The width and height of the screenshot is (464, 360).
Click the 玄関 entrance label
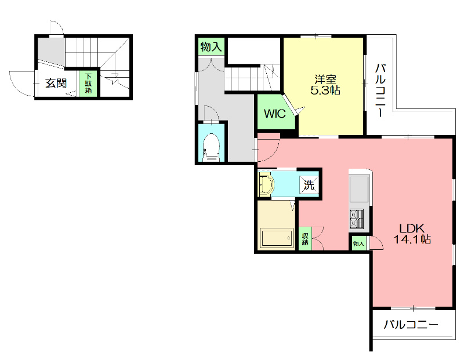(56, 83)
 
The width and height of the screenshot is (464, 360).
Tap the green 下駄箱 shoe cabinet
(89, 83)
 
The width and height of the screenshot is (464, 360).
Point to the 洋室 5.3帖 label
(325, 85)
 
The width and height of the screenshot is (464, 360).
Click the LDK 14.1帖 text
(412, 234)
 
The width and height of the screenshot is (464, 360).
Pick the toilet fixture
(212, 147)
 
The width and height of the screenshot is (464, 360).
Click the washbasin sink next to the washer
(266, 184)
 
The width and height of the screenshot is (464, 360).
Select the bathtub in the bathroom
(277, 238)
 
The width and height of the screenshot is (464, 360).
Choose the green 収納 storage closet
(305, 238)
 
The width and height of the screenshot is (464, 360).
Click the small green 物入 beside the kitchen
(358, 243)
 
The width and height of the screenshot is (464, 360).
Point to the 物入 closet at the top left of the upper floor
(211, 47)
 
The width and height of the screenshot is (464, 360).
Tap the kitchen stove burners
(356, 219)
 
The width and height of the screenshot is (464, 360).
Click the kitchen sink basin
(359, 189)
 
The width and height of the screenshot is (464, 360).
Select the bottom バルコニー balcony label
(411, 325)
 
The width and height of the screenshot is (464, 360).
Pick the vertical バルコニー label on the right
(380, 90)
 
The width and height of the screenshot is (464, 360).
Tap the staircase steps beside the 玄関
(81, 52)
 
